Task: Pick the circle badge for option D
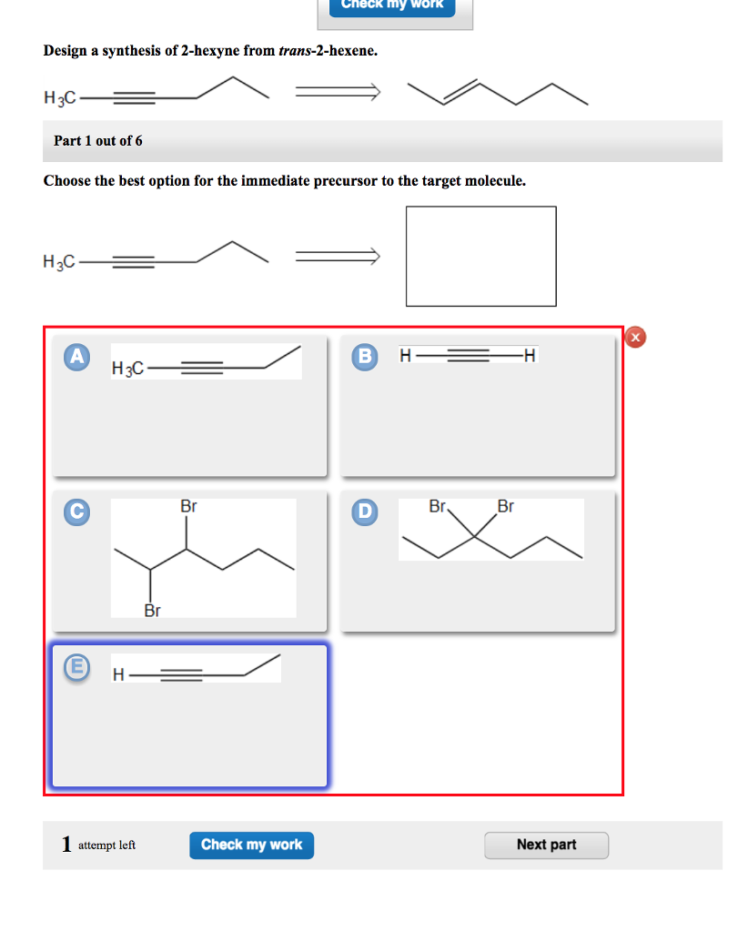point(365,512)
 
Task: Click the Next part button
point(546,845)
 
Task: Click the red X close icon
point(636,338)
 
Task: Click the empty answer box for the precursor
point(480,256)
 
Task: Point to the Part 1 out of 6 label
point(98,141)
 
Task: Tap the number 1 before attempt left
point(66,845)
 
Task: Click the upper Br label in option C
point(188,506)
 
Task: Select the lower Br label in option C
point(152,610)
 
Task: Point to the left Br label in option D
point(438,506)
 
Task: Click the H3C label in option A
point(127,369)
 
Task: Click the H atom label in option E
point(118,675)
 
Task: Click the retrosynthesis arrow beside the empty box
point(337,259)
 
